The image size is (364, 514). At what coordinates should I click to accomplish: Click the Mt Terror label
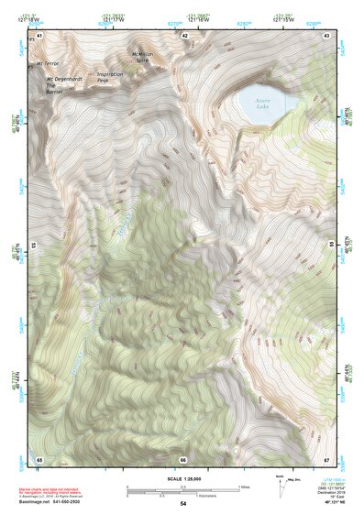pyautogui.click(x=47, y=65)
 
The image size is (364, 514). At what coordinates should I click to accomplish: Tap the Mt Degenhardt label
pyautogui.click(x=61, y=78)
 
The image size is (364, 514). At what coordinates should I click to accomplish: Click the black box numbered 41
pyautogui.click(x=39, y=36)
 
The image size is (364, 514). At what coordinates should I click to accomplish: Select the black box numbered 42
pyautogui.click(x=184, y=36)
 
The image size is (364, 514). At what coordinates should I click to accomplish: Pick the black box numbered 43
pyautogui.click(x=327, y=36)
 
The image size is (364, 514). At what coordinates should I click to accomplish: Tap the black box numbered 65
pyautogui.click(x=39, y=458)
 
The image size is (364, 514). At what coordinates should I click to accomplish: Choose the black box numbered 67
pyautogui.click(x=327, y=458)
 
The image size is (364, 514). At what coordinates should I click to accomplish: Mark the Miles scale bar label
pyautogui.click(x=245, y=487)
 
